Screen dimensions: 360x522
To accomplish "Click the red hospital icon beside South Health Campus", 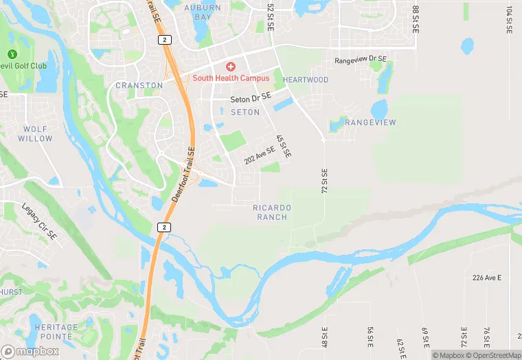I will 231,66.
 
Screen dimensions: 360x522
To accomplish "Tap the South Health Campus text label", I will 231,78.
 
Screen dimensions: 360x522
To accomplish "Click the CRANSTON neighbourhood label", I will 139,85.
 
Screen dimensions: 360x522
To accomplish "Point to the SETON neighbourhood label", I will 245,112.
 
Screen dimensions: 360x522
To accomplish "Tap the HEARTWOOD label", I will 305,80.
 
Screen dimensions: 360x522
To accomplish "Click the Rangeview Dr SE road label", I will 361,60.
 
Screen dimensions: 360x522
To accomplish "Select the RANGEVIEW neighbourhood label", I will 370,122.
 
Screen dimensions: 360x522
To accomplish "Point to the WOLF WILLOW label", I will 35,133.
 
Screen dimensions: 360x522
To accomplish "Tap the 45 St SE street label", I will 283,146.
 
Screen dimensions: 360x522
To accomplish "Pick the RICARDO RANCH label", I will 272,212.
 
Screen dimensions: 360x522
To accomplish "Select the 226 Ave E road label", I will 487,278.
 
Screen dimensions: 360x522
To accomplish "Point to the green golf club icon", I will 12,54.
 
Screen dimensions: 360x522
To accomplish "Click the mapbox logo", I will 30,351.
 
